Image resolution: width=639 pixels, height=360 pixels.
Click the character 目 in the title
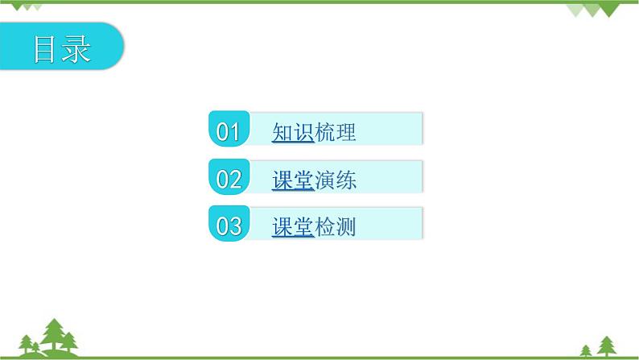pyautogui.click(x=47, y=49)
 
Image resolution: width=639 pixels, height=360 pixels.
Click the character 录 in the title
pyautogui.click(x=76, y=49)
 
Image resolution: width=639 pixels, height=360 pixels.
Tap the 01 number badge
pyautogui.click(x=229, y=131)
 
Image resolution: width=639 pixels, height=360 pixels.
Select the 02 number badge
pyautogui.click(x=229, y=179)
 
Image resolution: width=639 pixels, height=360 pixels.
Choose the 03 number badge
pyautogui.click(x=229, y=226)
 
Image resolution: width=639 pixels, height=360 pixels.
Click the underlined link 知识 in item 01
pyautogui.click(x=293, y=133)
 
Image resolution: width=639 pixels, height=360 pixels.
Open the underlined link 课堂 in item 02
pyautogui.click(x=293, y=180)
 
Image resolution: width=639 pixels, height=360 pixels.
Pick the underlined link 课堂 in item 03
pyautogui.click(x=293, y=227)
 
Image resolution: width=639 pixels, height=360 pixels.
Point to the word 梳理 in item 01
pyautogui.click(x=335, y=133)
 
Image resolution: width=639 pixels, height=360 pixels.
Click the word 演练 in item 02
pyautogui.click(x=335, y=180)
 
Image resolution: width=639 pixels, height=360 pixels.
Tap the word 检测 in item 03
pyautogui.click(x=335, y=227)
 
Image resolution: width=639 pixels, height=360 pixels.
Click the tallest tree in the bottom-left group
pyautogui.click(x=56, y=335)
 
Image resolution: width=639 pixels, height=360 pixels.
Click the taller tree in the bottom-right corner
pyautogui.click(x=606, y=345)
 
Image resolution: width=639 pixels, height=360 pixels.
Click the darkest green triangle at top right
pyautogui.click(x=594, y=10)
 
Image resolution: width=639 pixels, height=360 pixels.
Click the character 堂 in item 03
pyautogui.click(x=303, y=227)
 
